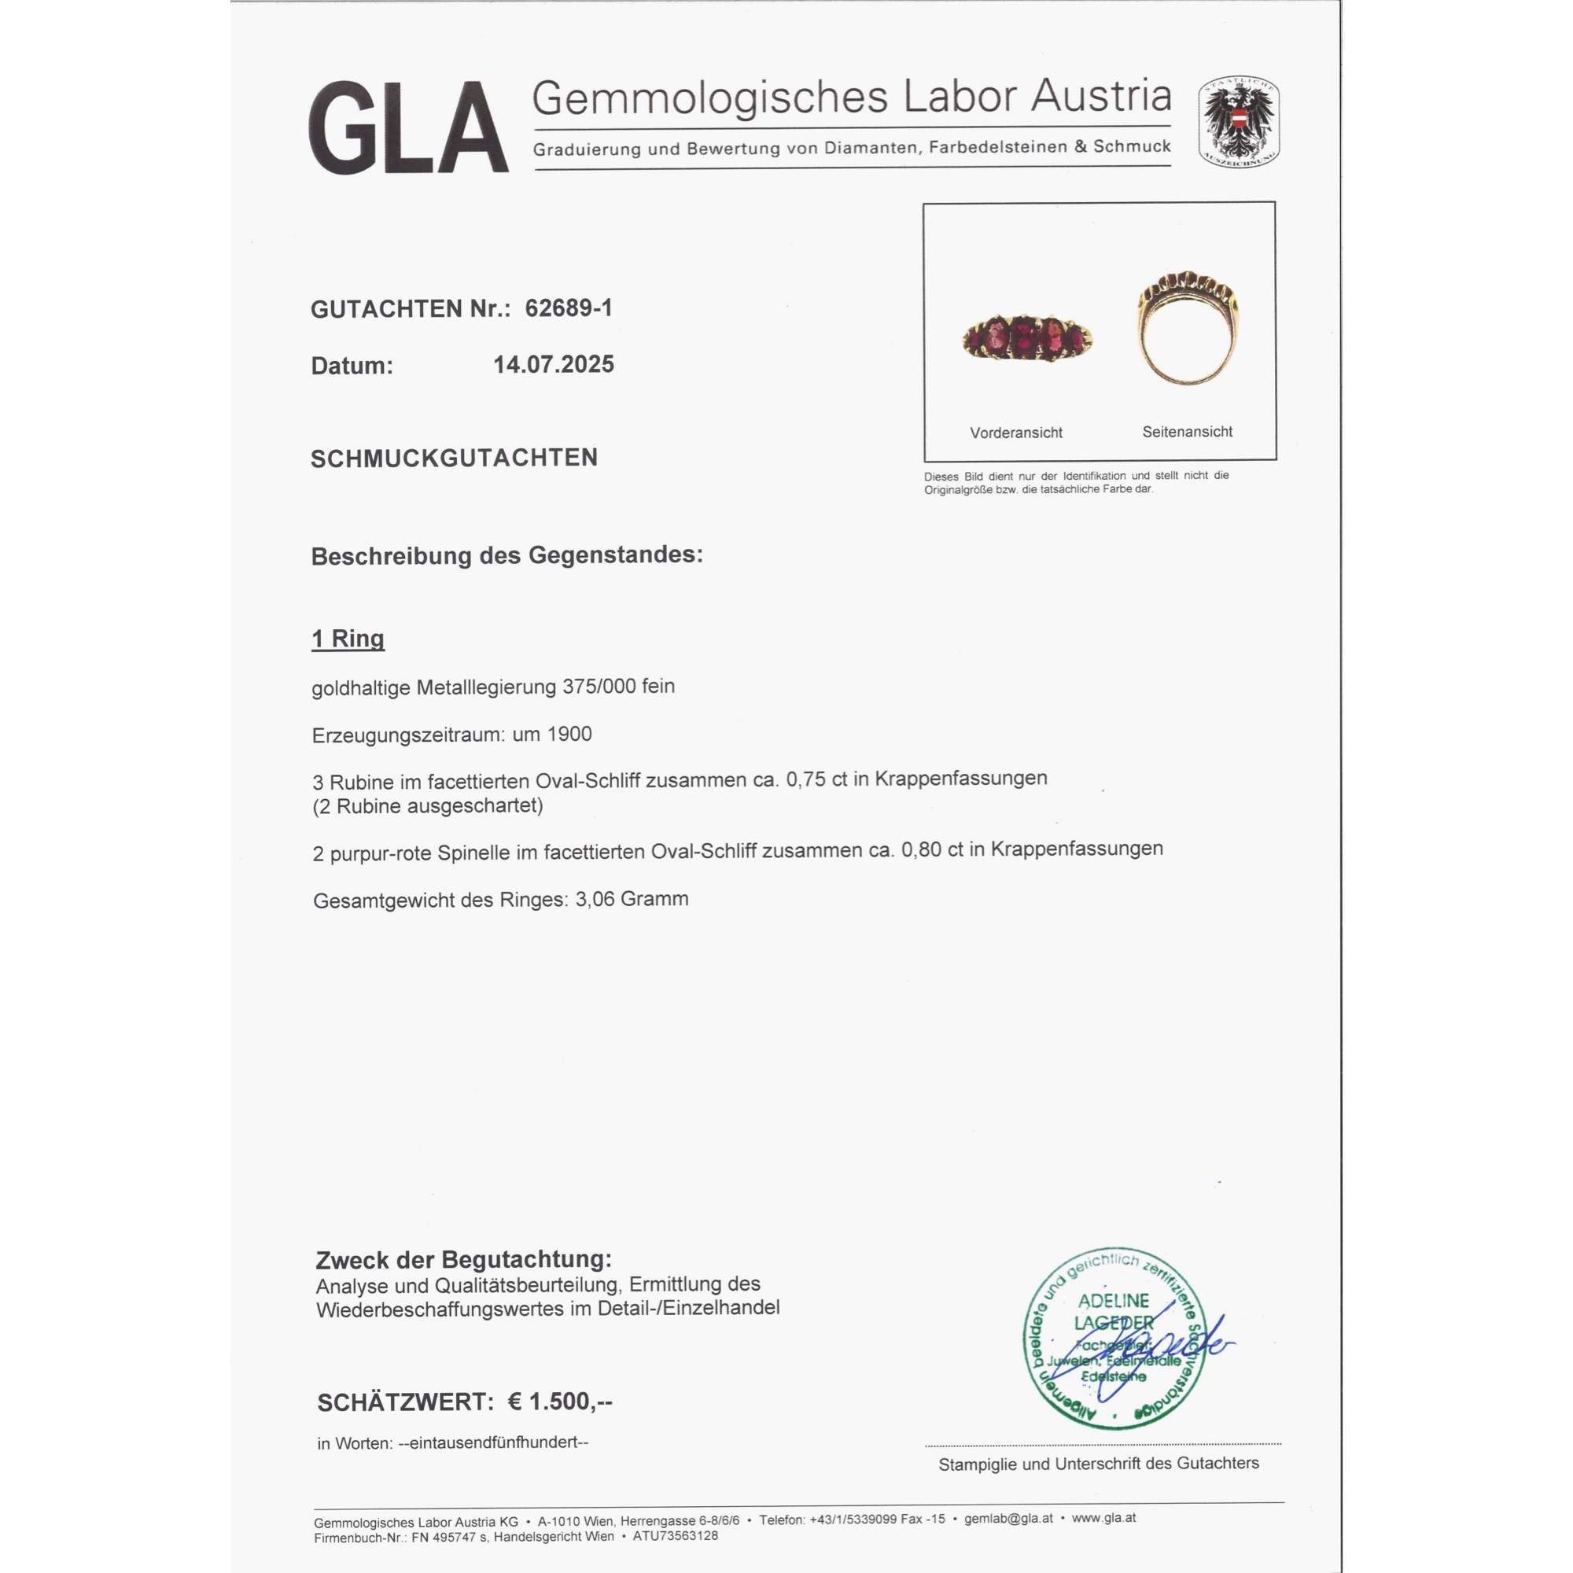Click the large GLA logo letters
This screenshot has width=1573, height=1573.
point(409,128)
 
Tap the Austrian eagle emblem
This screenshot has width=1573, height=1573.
point(1239,122)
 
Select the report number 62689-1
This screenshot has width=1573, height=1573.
point(569,308)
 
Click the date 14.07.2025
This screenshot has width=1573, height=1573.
point(554,364)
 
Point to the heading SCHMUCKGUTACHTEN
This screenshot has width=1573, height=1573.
point(455,459)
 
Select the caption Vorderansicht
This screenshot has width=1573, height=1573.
point(1016,433)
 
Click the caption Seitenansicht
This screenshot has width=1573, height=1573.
point(1187,433)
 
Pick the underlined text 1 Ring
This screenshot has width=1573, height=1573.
point(348,639)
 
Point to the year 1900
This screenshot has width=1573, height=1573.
point(569,735)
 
